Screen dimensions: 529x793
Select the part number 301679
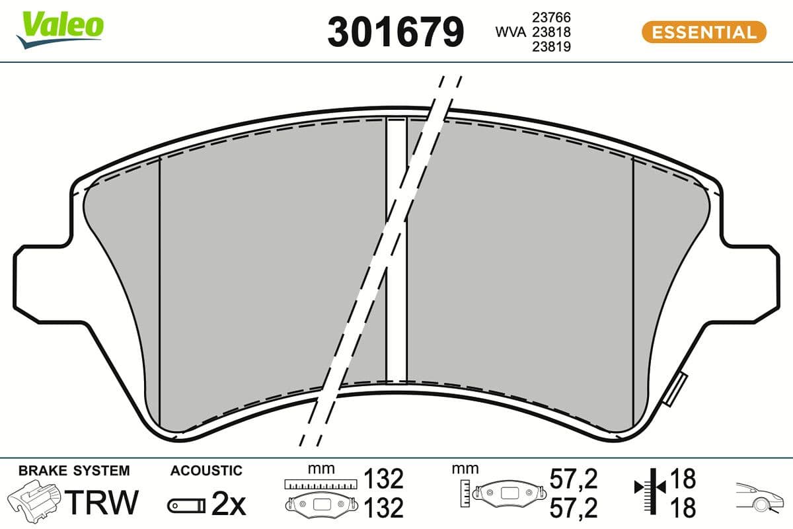[x=396, y=32]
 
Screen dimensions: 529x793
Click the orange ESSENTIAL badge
[x=704, y=32]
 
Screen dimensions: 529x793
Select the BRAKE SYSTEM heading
[x=74, y=471]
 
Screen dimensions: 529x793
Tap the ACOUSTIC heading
[x=206, y=471]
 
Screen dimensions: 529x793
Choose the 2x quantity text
[x=228, y=505]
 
